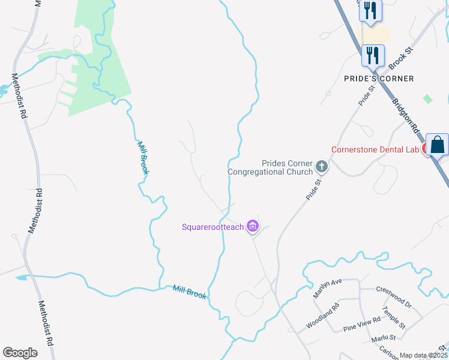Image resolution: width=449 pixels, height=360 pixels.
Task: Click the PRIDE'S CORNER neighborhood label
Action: (x=379, y=79)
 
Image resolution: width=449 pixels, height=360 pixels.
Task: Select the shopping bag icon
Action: (x=438, y=145)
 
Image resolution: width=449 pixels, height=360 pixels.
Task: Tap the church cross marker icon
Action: (x=322, y=166)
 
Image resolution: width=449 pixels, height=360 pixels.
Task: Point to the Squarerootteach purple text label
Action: (x=212, y=227)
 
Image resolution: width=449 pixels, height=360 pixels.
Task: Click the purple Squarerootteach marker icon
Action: (x=253, y=226)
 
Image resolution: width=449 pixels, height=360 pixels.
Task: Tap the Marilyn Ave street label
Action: (x=327, y=288)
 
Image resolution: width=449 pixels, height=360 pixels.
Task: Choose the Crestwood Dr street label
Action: (x=393, y=296)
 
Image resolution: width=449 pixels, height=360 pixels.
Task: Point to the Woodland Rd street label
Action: (x=322, y=315)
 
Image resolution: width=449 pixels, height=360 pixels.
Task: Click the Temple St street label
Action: (x=394, y=317)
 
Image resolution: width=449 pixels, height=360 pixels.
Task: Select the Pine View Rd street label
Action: (x=361, y=325)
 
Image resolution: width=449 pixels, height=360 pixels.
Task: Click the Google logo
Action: (x=20, y=353)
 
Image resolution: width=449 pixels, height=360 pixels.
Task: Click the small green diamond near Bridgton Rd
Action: (x=427, y=98)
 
